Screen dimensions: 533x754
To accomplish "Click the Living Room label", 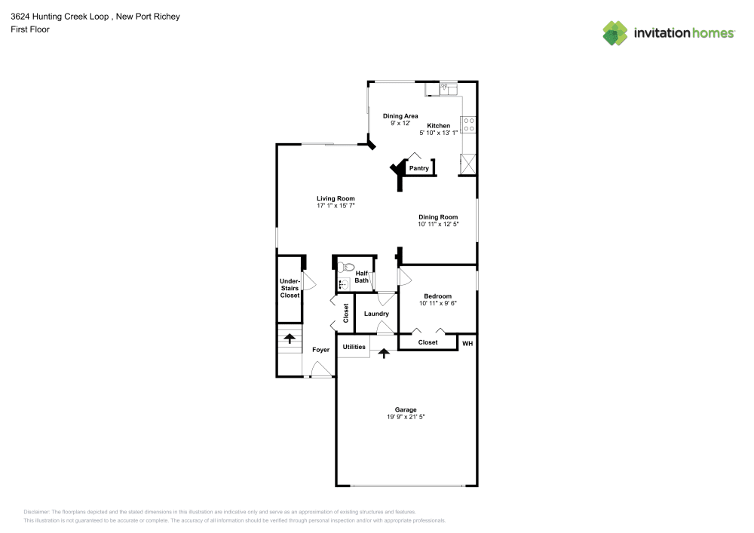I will pos(336,198).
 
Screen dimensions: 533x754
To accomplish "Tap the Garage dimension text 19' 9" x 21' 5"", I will pos(406,417).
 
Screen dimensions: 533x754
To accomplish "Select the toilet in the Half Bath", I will pos(346,267).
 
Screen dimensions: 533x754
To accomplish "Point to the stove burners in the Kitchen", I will pos(469,124).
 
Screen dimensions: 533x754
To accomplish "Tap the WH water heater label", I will pos(467,343).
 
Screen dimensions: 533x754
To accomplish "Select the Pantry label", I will pos(418,168).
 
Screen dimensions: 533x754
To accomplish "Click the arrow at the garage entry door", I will pos(384,351).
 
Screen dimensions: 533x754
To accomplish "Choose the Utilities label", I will pos(354,347).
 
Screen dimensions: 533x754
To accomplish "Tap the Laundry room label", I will pos(376,314).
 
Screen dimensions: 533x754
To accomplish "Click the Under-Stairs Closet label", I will pos(290,288).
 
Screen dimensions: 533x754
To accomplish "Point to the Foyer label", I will pos(321,350).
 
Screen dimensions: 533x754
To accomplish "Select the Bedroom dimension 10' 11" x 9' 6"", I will pos(437,303).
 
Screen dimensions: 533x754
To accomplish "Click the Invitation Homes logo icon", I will pos(615,32).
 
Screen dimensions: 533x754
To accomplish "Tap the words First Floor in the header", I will pos(30,29).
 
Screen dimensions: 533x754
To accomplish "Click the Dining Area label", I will pos(400,116).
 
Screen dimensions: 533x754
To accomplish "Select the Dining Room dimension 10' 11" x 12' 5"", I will pos(438,224).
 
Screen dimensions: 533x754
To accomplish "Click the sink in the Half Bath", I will pos(343,284).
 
